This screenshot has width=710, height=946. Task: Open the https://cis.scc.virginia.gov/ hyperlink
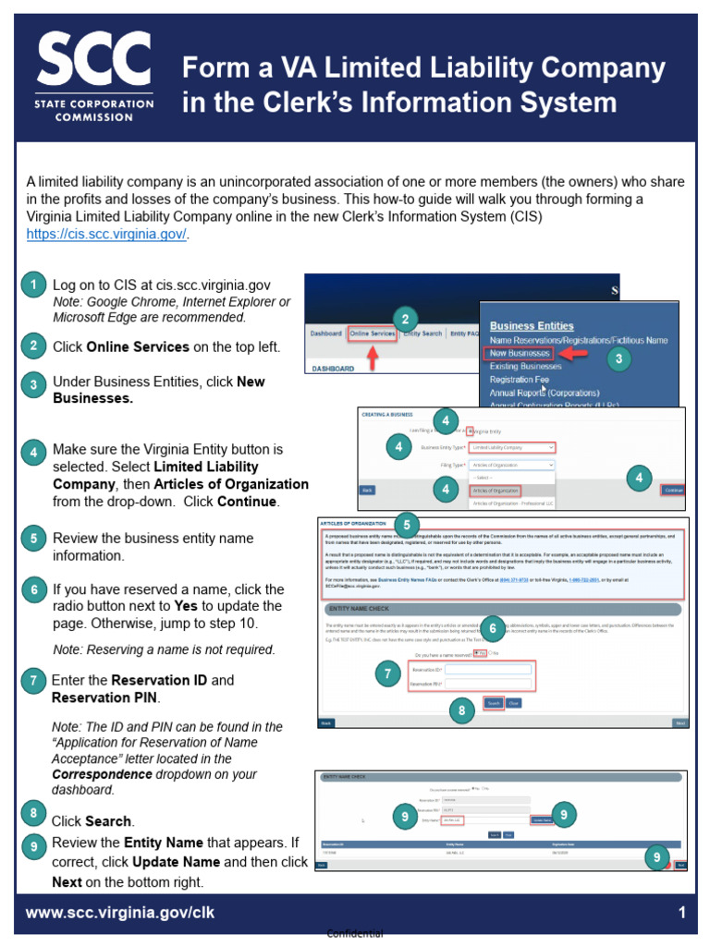coord(106,234)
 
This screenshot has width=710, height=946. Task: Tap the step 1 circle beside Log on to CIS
coord(33,285)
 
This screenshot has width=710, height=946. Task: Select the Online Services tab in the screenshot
coord(373,334)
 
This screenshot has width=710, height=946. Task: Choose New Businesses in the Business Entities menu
coord(519,354)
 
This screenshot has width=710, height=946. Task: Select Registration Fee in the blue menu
coord(524,380)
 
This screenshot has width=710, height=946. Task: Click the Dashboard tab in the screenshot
coord(325,334)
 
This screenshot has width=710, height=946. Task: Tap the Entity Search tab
coord(422,334)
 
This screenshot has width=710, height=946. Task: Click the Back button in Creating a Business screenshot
coord(367,490)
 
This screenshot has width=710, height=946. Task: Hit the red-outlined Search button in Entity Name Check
coord(493,703)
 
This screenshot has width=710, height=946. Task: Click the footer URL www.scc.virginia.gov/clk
coord(119,914)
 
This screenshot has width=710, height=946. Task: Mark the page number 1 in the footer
coord(681,914)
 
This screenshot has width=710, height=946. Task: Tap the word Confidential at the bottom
coord(355,934)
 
